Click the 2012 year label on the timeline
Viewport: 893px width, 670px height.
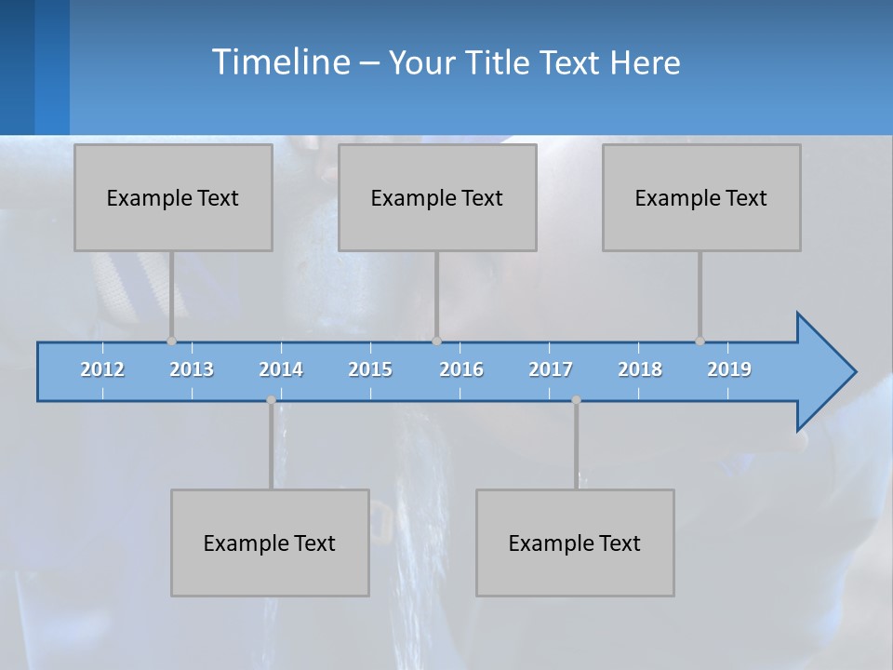coord(102,369)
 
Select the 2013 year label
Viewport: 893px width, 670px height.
coord(192,369)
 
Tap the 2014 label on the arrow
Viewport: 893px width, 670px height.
coord(281,369)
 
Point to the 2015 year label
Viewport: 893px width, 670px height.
coord(370,369)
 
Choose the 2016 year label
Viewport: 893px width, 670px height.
coord(461,369)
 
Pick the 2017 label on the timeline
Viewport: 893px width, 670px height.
coord(551,369)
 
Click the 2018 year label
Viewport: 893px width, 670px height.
coord(640,369)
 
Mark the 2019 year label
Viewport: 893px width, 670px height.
coord(729,369)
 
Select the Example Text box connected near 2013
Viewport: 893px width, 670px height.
coord(173,197)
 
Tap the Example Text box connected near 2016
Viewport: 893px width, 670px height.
coord(437,197)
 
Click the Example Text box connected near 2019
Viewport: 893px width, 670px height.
coord(701,197)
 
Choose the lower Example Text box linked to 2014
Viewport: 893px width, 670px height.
coord(270,543)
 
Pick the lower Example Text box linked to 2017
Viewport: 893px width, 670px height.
coord(575,543)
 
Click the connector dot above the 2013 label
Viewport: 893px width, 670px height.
coord(171,342)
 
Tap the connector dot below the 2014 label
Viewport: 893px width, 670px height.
coord(271,400)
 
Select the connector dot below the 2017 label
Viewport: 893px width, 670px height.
coord(576,400)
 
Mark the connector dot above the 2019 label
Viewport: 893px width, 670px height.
coord(700,342)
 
